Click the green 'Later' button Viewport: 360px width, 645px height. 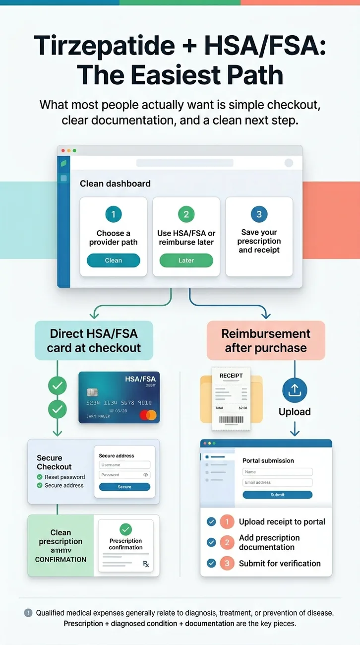pyautogui.click(x=186, y=260)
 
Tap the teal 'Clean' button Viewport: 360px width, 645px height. pyautogui.click(x=113, y=260)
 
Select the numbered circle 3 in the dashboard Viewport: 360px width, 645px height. pyautogui.click(x=259, y=214)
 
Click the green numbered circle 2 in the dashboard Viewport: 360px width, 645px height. pyautogui.click(x=186, y=214)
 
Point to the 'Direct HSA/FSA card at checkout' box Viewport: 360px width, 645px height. pyautogui.click(x=94, y=340)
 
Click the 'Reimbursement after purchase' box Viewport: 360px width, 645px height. pyautogui.click(x=266, y=340)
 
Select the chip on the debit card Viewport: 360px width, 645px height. pyautogui.click(x=93, y=392)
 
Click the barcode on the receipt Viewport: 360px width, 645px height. pyautogui.click(x=231, y=420)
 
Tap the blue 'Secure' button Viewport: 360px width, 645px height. pyautogui.click(x=124, y=487)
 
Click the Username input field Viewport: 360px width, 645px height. pyautogui.click(x=124, y=465)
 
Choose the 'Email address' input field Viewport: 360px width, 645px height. pyautogui.click(x=277, y=482)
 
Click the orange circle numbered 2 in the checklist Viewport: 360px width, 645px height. pyautogui.click(x=227, y=542)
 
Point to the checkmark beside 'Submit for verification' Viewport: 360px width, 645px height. pyautogui.click(x=211, y=563)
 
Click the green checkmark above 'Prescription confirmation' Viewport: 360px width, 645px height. pyautogui.click(x=126, y=529)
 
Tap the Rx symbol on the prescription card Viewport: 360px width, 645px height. pyautogui.click(x=146, y=564)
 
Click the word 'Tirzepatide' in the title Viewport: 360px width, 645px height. pyautogui.click(x=104, y=46)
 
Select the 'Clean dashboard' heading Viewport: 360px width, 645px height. pyautogui.click(x=115, y=184)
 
